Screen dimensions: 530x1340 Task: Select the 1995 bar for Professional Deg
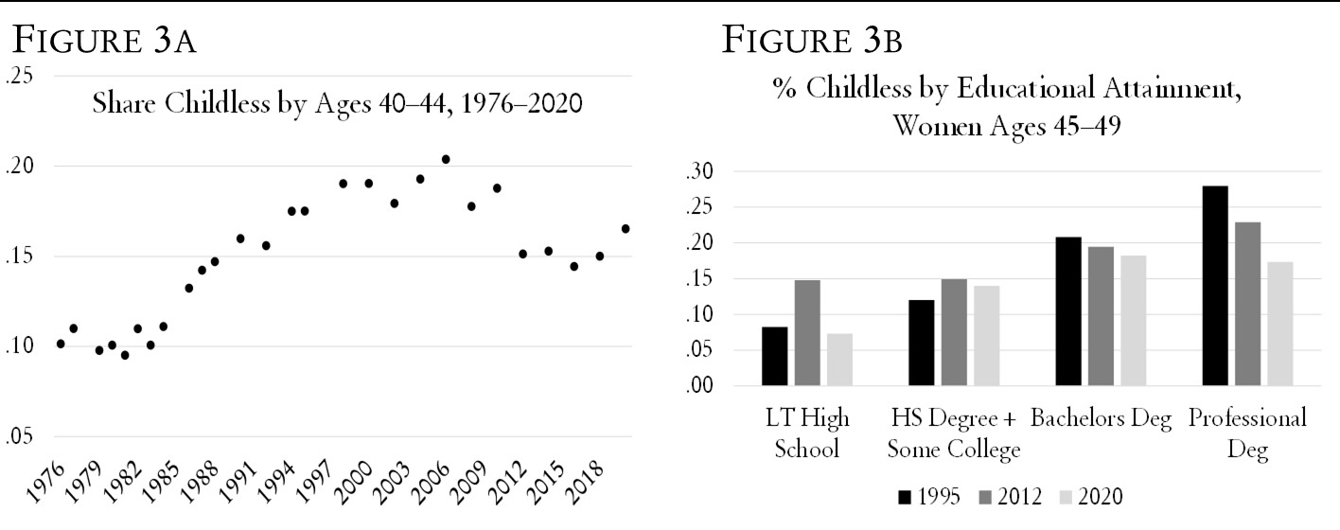[x=1214, y=286]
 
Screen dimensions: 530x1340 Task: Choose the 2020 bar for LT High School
[x=839, y=360]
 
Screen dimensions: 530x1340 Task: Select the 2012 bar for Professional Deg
[x=1246, y=304]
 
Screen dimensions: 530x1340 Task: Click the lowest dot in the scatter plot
[x=125, y=355]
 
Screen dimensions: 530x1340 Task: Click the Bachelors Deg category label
[x=1102, y=418]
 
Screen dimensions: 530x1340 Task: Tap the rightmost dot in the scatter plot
[x=626, y=228]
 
